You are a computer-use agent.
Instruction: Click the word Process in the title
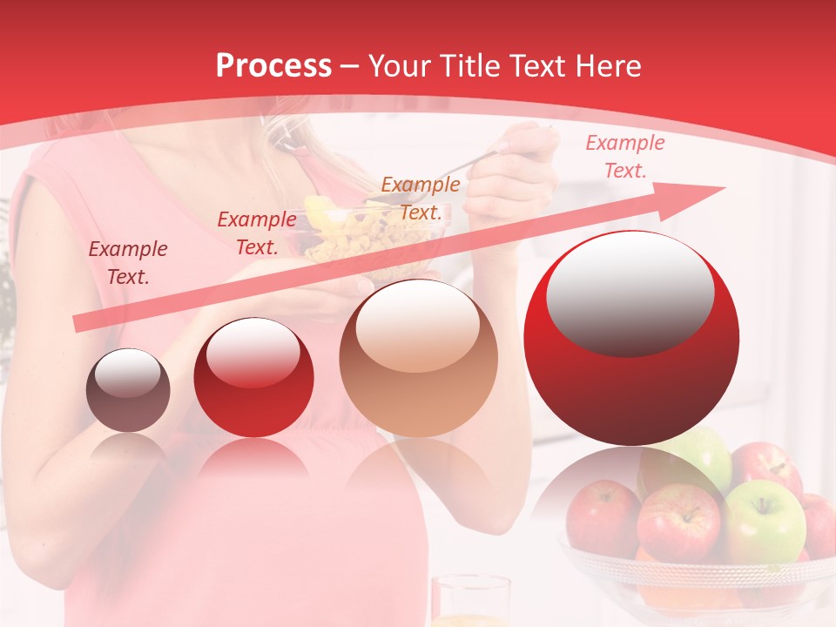tap(273, 66)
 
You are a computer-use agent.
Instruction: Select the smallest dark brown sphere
tap(128, 390)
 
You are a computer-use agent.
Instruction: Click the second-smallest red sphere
tap(253, 377)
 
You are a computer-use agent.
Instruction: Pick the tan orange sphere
tap(418, 358)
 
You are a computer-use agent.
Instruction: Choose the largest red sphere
tap(631, 338)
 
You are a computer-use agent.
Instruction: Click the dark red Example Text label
tap(128, 263)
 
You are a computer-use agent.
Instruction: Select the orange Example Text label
tap(421, 199)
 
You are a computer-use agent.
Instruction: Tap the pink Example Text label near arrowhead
tap(624, 157)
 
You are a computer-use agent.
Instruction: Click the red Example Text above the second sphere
tap(257, 233)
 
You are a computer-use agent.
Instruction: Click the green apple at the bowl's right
tap(765, 521)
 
